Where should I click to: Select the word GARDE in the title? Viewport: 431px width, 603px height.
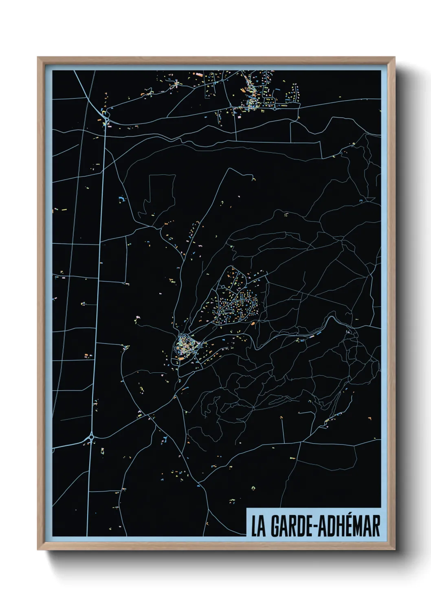click(x=289, y=526)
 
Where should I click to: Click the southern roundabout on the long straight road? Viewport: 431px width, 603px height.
click(x=91, y=437)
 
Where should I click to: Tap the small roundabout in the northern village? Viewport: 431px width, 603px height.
click(x=275, y=108)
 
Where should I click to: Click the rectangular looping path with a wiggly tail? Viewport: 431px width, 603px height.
click(x=161, y=194)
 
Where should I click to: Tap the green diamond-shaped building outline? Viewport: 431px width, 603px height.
click(x=253, y=488)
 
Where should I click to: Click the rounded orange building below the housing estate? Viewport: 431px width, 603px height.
click(x=253, y=323)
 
